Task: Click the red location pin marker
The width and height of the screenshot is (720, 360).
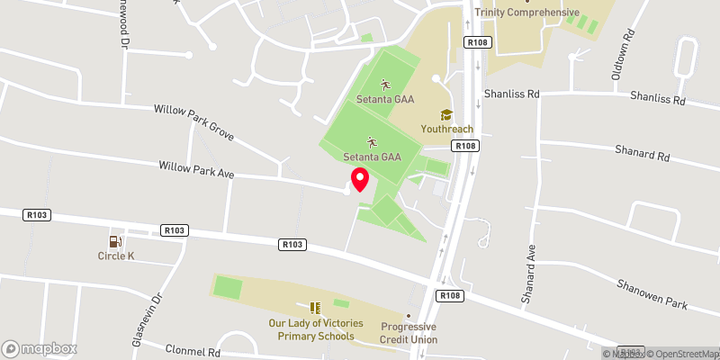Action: [359, 179]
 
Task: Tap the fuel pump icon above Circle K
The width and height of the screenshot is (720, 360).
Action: [115, 241]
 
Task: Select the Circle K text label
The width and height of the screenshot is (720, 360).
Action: [115, 256]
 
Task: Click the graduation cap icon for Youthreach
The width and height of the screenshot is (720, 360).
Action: [445, 114]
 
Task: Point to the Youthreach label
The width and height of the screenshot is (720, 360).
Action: [445, 129]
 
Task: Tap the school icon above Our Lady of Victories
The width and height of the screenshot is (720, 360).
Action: [315, 308]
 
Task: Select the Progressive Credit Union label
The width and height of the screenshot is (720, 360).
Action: [409, 333]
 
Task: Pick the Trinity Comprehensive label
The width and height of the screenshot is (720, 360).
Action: [527, 13]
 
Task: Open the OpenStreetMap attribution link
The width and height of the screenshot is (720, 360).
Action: [681, 353]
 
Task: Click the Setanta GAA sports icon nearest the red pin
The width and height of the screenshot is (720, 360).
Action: [372, 142]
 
